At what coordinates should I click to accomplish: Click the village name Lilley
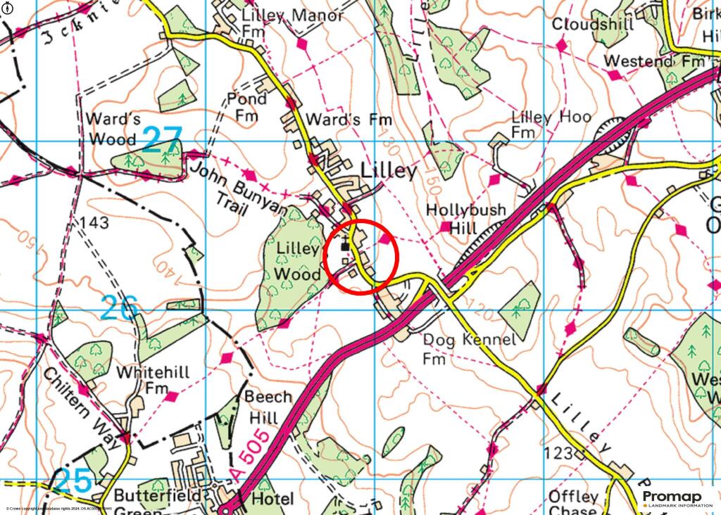[x=389, y=172]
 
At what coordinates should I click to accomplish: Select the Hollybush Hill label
[x=461, y=219]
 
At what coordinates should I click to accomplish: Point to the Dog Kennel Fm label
[x=470, y=348]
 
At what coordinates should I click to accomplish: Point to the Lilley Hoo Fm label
[x=551, y=124]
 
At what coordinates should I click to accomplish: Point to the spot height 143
[x=95, y=224]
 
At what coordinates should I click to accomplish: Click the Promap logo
[x=672, y=498]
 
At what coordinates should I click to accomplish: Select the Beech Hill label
[x=268, y=407]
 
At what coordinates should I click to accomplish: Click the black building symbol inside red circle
[x=345, y=246]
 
